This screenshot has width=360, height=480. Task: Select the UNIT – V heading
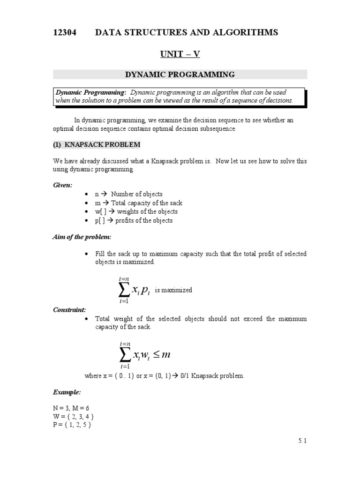180,54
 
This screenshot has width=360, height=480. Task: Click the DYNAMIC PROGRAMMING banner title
180,74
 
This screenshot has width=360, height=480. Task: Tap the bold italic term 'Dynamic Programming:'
91,92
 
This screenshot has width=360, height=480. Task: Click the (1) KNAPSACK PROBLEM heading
96,144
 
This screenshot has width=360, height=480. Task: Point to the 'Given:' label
62,185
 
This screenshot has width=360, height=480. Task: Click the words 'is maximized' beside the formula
173,290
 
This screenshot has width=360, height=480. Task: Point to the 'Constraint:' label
69,310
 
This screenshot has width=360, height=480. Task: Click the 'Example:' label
67,391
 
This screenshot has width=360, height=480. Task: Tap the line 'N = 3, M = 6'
71,408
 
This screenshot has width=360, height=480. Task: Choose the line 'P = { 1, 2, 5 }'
72,425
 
